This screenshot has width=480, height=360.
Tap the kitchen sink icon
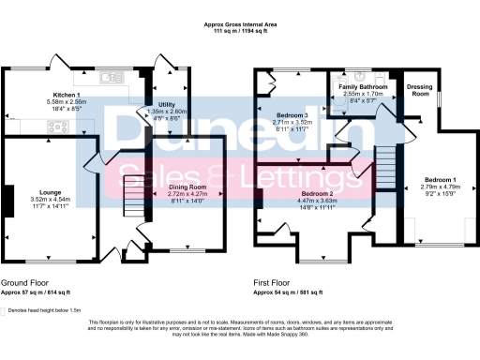tap(110, 77)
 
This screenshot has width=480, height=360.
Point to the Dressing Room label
tap(419, 90)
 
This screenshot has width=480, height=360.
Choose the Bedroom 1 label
tap(439, 178)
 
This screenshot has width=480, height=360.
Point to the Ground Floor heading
tap(27, 281)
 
